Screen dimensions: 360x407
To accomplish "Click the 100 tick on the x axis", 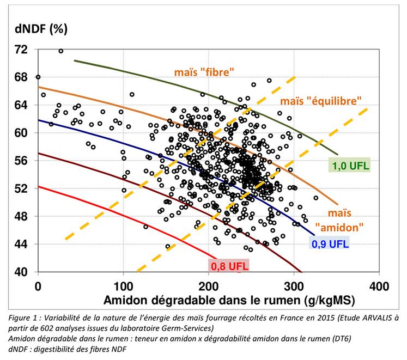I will (x=123, y=285).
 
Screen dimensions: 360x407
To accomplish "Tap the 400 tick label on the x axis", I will (x=379, y=285).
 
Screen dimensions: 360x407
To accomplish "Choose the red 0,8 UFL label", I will (x=228, y=266).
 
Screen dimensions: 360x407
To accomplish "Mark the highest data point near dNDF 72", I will (x=60, y=51).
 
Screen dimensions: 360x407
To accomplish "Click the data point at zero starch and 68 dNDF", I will (x=38, y=77).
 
